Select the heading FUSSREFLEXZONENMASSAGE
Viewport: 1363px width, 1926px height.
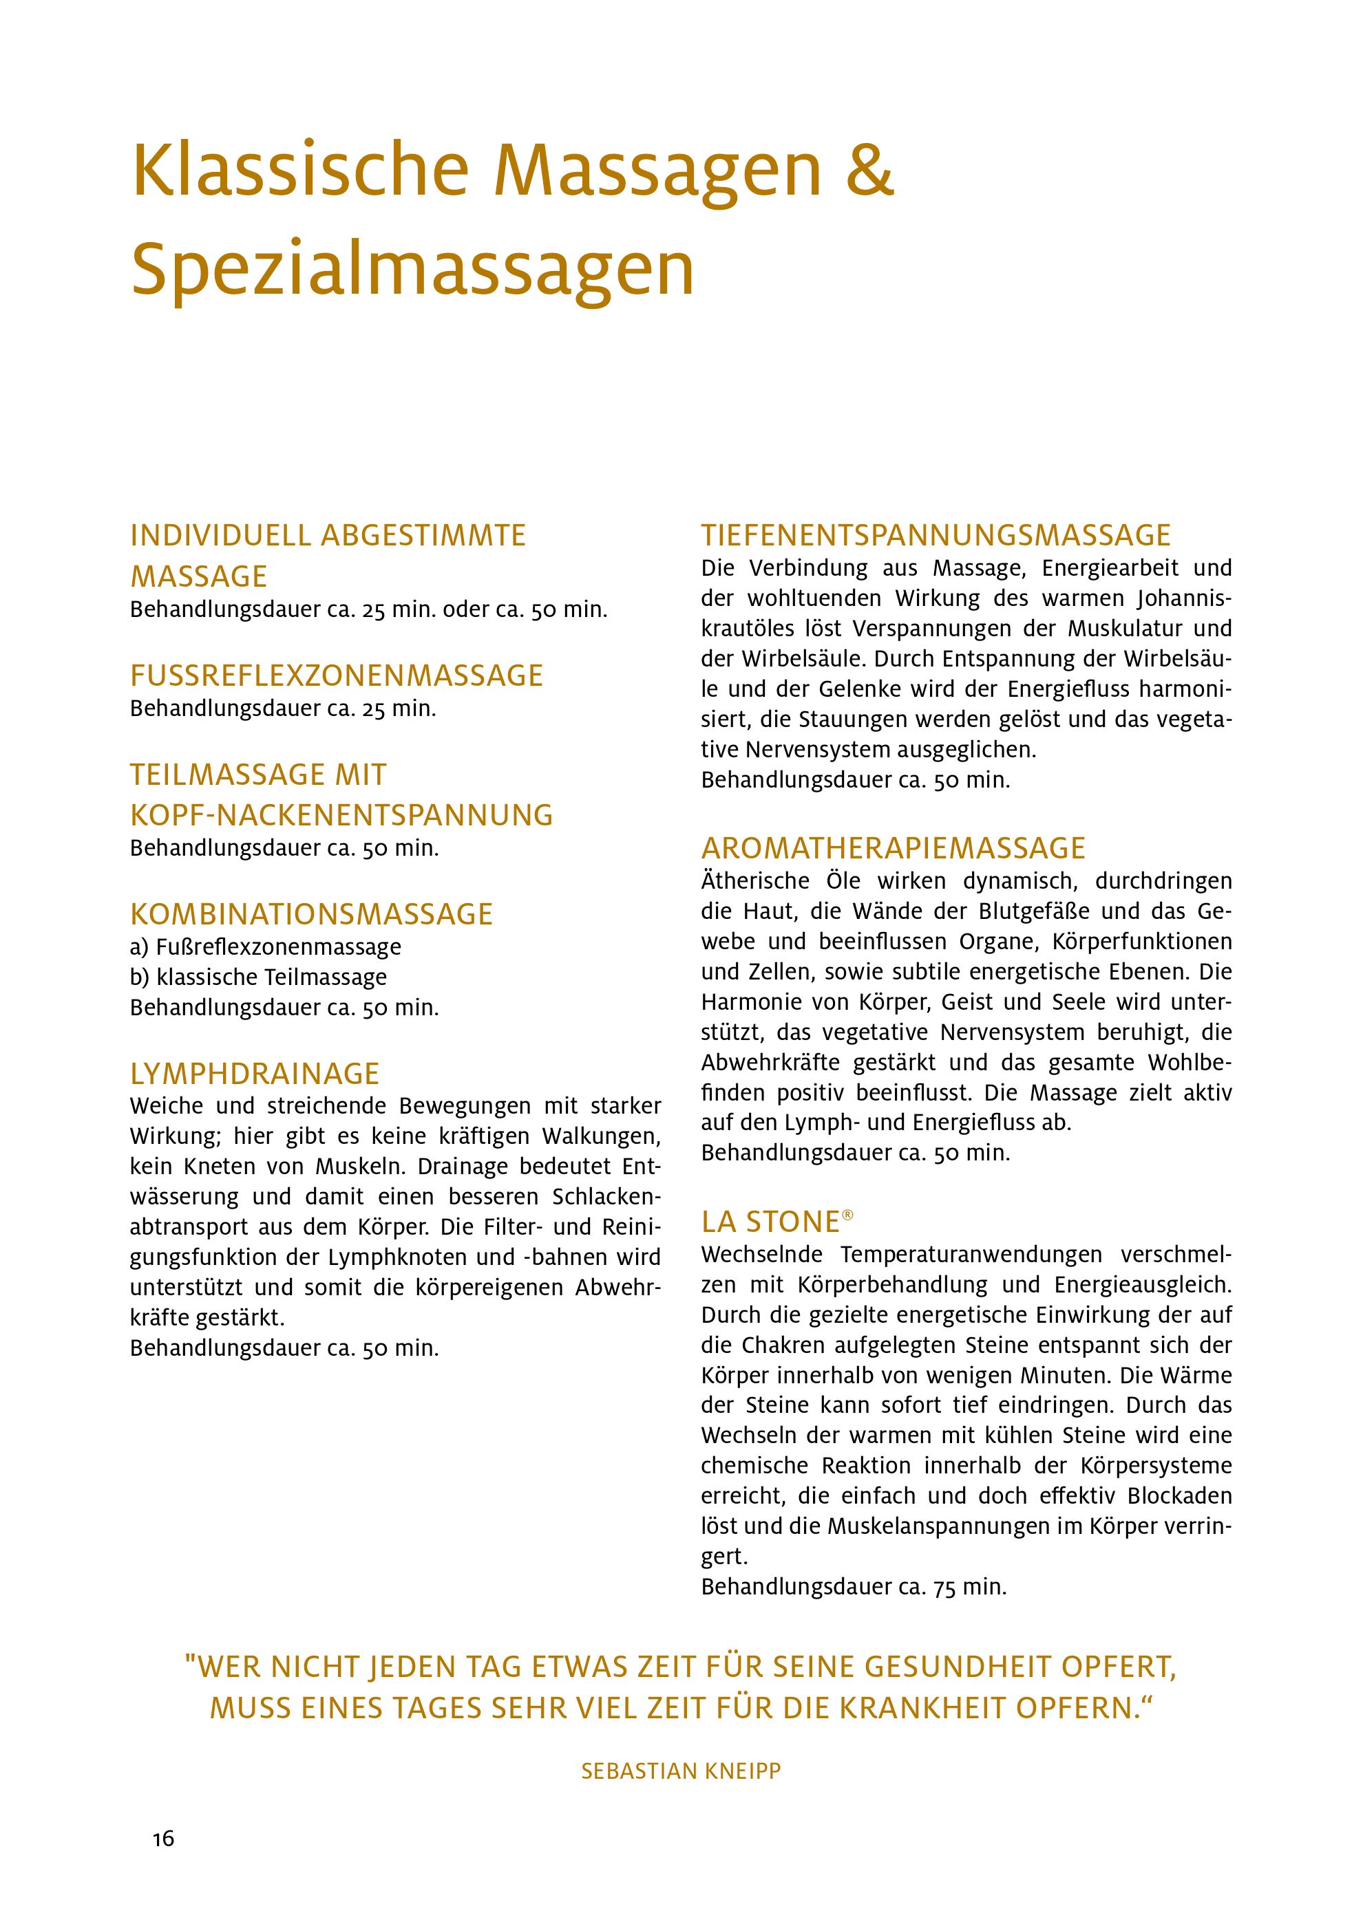(337, 675)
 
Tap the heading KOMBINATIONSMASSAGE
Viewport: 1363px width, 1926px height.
(311, 913)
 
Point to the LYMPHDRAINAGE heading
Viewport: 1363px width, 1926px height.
(254, 1073)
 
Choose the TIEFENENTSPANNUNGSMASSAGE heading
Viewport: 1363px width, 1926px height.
(936, 535)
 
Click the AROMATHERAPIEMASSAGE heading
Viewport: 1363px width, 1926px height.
(893, 848)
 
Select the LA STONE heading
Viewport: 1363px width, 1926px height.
(770, 1222)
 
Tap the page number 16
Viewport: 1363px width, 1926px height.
(164, 1839)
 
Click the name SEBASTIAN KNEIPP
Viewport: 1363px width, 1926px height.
(681, 1771)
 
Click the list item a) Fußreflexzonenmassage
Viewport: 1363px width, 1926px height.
(265, 947)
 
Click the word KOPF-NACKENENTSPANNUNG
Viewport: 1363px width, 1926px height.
(341, 814)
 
